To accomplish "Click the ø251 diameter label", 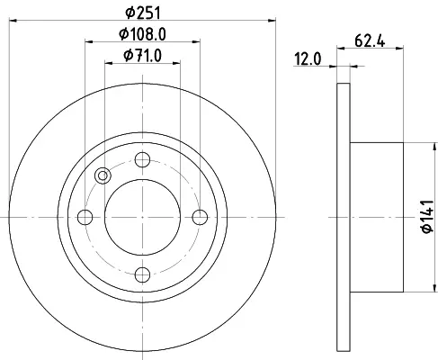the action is tap(143, 13).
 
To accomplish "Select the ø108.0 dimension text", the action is tap(142, 34).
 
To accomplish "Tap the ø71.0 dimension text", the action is tap(143, 56).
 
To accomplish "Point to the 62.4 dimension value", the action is tap(370, 40).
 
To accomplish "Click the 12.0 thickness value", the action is tap(308, 58).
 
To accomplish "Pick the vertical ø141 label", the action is tap(427, 216).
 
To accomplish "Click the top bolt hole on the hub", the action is tap(142, 159).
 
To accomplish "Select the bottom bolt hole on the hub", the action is tap(142, 274).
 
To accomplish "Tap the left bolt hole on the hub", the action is tap(85, 217).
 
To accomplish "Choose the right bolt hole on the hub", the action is tap(200, 217).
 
